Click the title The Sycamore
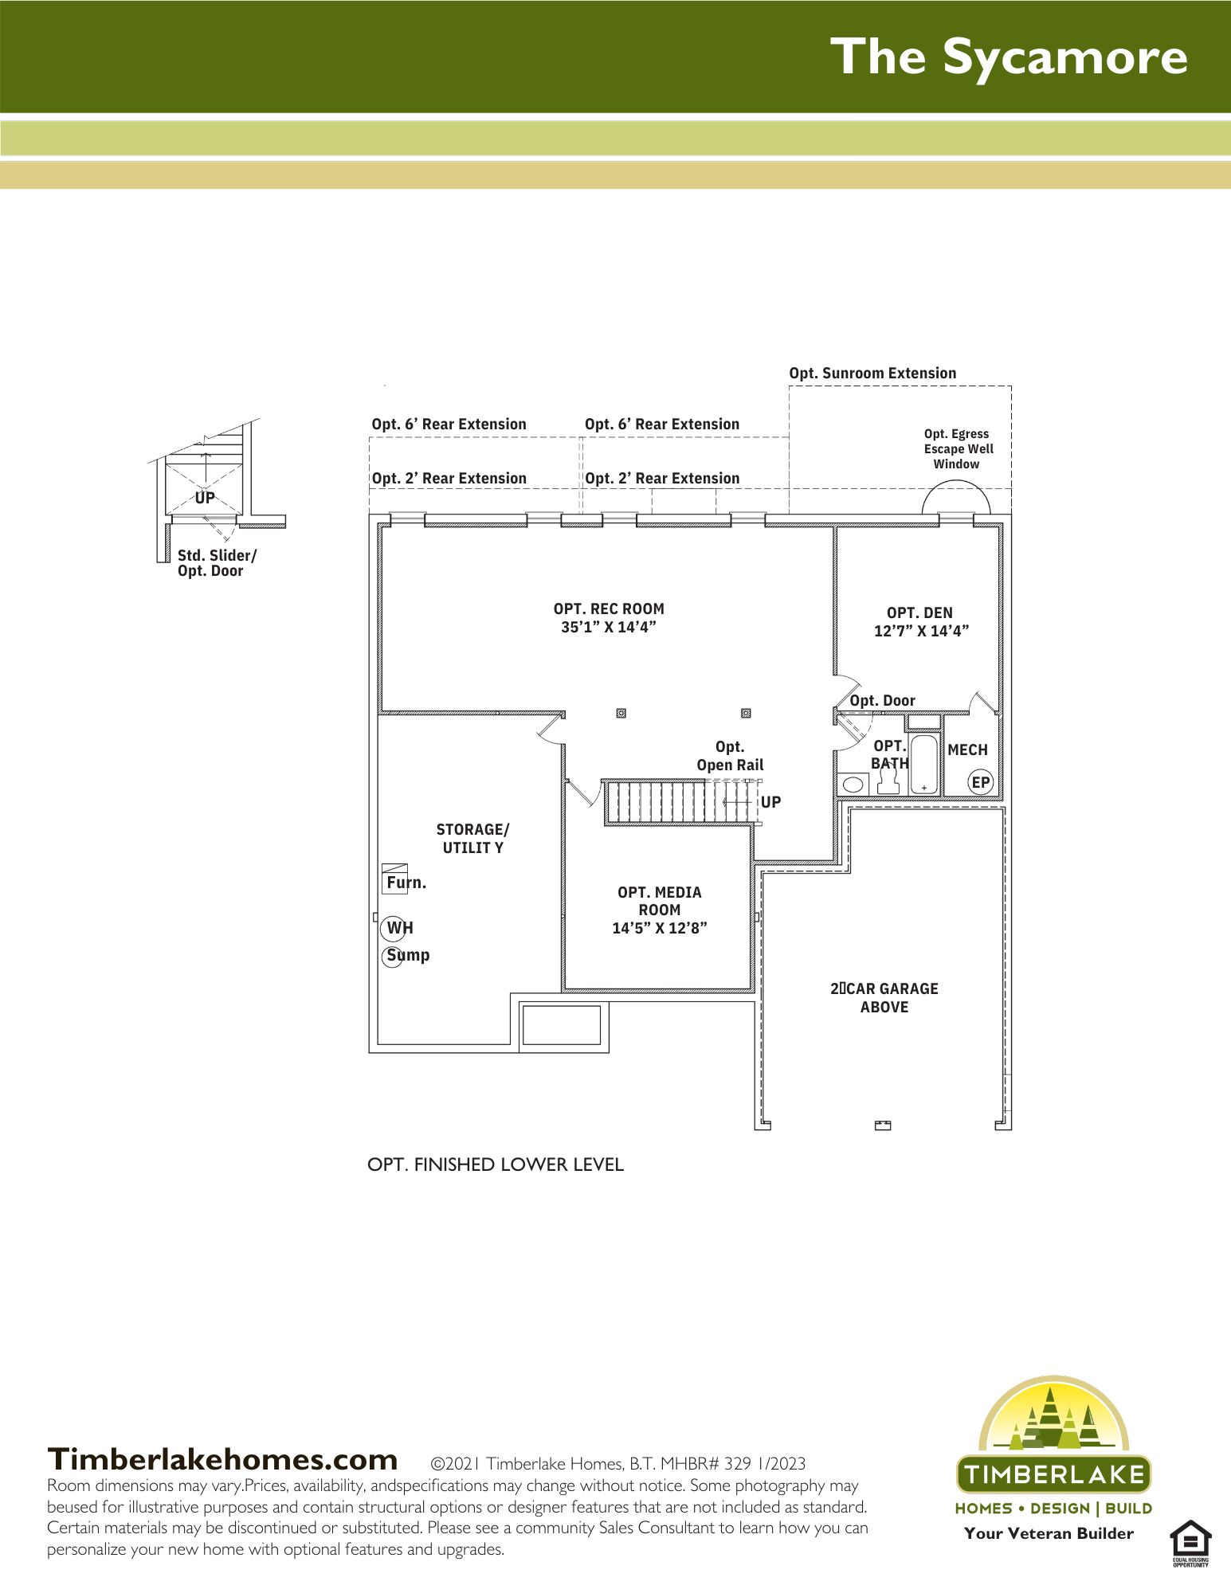click(x=1009, y=57)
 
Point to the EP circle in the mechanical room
click(x=981, y=782)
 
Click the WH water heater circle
click(x=394, y=928)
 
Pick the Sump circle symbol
click(x=393, y=956)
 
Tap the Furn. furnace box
click(x=394, y=879)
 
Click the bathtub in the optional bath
click(x=924, y=765)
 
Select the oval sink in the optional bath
click(x=853, y=784)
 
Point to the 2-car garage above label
click(x=884, y=997)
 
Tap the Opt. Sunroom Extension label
click(x=872, y=373)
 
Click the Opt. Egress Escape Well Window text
click(x=959, y=448)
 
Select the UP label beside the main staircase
click(x=770, y=802)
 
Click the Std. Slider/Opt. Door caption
click(x=217, y=563)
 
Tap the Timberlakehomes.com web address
click(x=222, y=1459)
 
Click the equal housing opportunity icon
click(x=1190, y=1543)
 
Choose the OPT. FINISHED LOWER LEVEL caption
click(x=496, y=1164)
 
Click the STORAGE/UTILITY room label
click(x=472, y=839)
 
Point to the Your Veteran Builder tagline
click(x=1049, y=1533)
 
